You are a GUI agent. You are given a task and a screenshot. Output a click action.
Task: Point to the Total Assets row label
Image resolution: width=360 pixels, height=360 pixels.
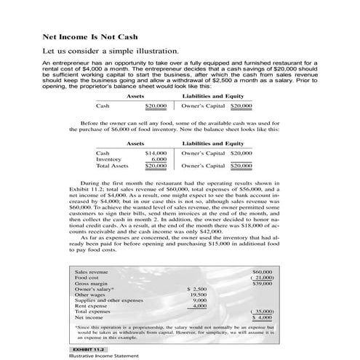[113, 166]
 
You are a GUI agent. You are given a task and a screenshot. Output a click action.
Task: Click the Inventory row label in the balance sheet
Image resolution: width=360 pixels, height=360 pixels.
[109, 159]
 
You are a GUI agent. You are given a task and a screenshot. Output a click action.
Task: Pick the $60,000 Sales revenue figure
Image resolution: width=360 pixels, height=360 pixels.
[262, 271]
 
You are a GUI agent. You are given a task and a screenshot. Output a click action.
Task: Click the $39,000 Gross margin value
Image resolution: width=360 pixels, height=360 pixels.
[262, 283]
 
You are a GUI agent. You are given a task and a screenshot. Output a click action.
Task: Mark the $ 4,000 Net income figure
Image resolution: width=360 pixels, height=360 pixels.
[261, 318]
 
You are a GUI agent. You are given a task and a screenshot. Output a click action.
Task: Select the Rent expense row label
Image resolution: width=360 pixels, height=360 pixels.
[90, 306]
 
